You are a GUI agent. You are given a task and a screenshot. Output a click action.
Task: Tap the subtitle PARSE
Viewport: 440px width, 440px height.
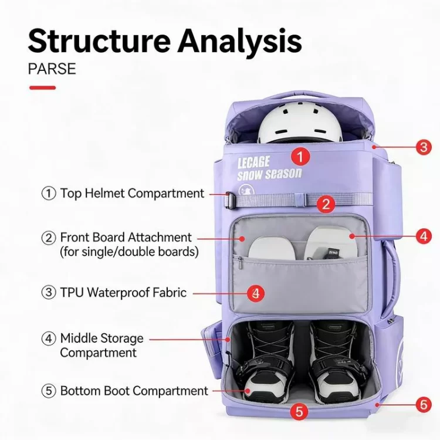[52, 69]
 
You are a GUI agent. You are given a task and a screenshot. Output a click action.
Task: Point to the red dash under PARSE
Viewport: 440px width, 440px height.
[42, 87]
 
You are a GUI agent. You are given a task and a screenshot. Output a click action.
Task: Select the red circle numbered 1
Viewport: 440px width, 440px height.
[300, 157]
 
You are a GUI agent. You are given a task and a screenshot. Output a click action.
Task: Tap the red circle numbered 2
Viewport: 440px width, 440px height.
[327, 204]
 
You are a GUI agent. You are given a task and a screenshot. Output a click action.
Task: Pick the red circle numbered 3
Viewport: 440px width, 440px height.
[424, 147]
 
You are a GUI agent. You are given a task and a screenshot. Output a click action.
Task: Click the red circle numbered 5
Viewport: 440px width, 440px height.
[300, 411]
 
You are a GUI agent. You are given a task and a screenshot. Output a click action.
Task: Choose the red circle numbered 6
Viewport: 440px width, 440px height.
[424, 404]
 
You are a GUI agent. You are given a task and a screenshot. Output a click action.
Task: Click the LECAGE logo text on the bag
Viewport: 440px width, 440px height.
[254, 162]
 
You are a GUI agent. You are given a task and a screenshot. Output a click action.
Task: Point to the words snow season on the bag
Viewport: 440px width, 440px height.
[269, 174]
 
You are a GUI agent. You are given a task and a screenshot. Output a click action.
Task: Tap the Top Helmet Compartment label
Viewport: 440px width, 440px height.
[131, 193]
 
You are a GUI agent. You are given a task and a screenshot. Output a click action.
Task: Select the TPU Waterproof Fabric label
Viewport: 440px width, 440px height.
[123, 292]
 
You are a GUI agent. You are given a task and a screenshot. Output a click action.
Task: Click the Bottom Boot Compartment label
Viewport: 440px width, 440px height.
[134, 391]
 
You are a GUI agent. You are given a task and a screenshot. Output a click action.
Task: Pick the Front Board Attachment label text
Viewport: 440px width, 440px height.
[126, 238]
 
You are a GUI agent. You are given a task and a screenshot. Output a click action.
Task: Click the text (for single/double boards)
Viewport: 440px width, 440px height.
[129, 252]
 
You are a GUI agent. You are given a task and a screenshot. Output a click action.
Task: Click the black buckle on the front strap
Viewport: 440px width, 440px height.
[230, 199]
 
